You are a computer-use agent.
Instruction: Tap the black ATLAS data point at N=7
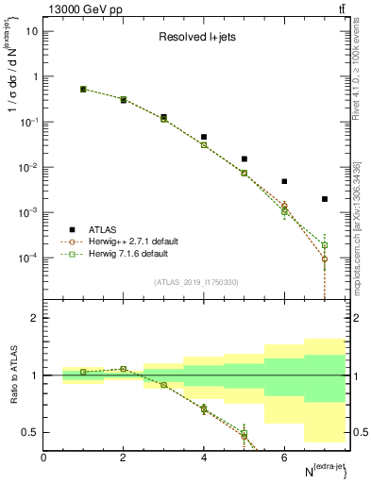[x=324, y=199]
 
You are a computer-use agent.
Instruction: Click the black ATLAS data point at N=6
[x=284, y=181]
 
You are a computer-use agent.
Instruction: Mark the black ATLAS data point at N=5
[x=244, y=159]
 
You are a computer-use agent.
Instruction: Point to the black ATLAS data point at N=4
[x=204, y=137]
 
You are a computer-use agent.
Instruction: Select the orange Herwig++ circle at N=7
[x=324, y=259]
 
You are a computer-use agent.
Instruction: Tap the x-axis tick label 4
[x=204, y=458]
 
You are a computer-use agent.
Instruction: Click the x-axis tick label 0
[x=43, y=458]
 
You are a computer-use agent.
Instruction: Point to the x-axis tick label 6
[x=284, y=458]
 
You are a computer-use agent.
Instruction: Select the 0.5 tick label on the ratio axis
[x=30, y=432]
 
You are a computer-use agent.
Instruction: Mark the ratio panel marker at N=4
[x=204, y=408]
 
